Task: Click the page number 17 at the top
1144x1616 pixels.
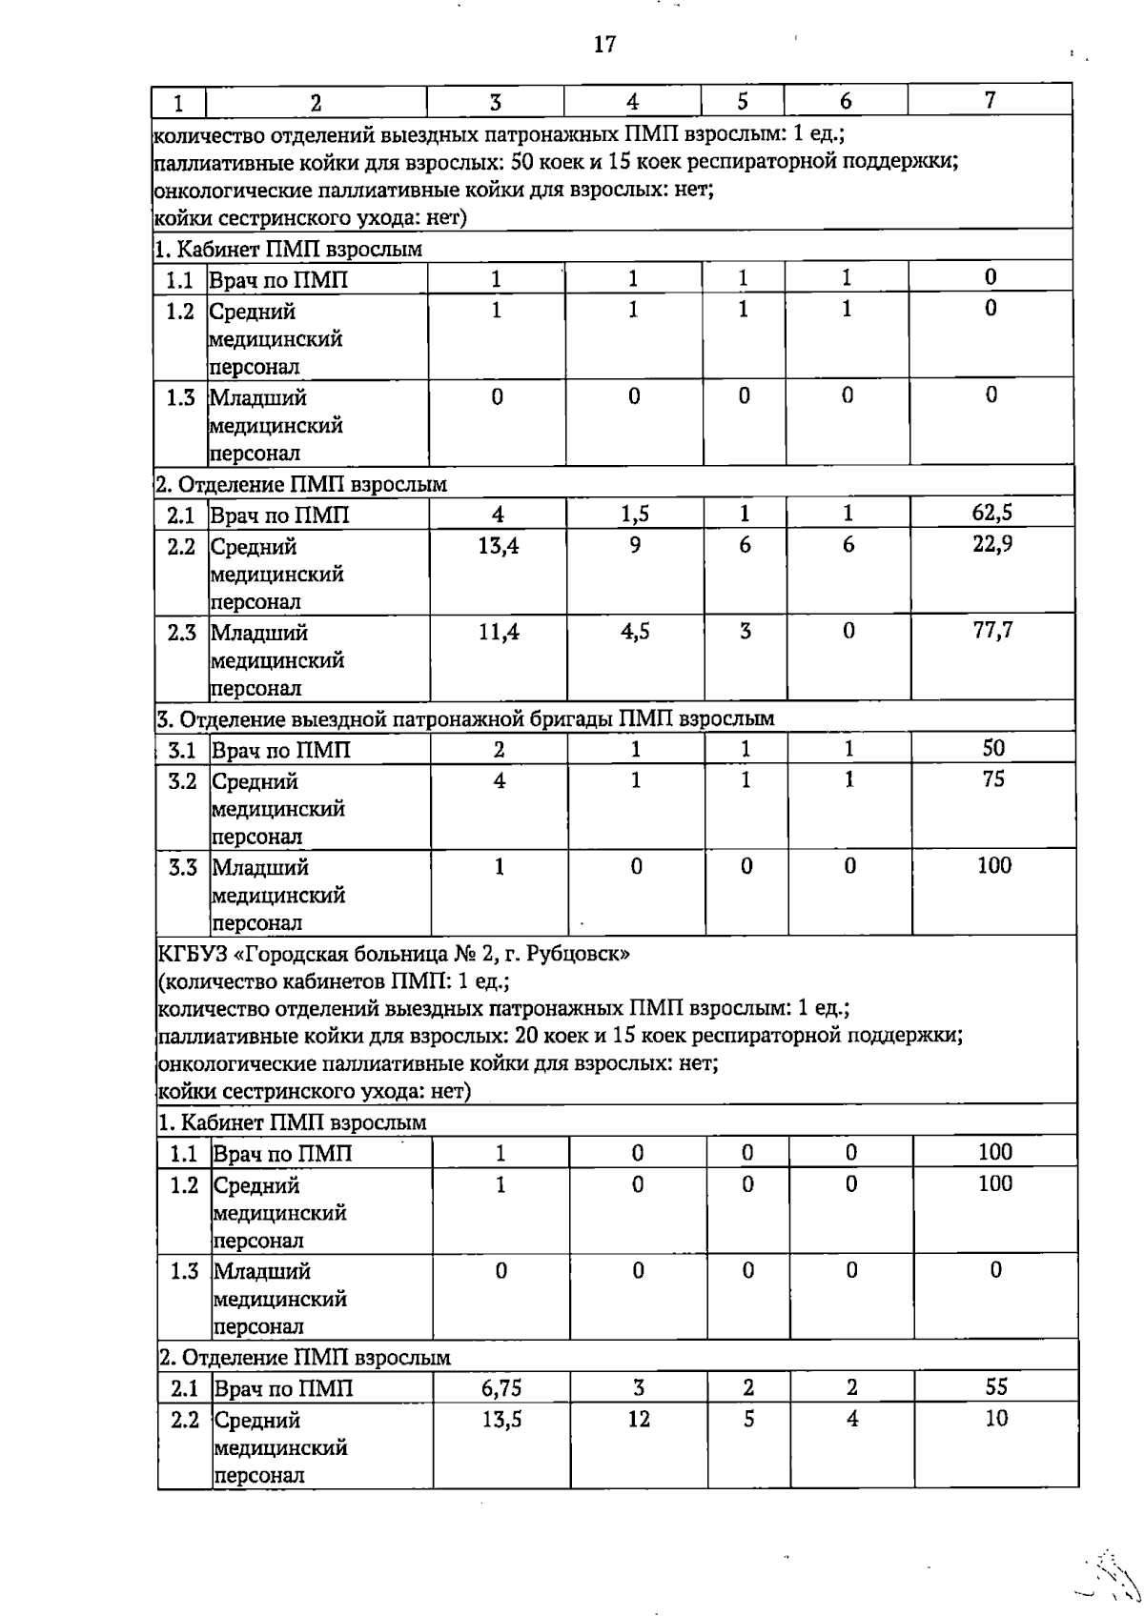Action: (x=604, y=44)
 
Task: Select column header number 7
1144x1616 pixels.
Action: (x=991, y=100)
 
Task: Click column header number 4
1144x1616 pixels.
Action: (x=632, y=102)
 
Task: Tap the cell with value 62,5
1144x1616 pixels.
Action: (x=992, y=514)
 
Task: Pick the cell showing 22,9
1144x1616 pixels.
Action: (x=992, y=545)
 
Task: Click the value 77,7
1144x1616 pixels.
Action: (x=992, y=631)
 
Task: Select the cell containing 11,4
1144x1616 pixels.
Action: (x=499, y=631)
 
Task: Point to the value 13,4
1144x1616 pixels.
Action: (x=499, y=545)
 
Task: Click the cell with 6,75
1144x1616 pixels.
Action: (x=501, y=1388)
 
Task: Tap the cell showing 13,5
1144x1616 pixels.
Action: (x=501, y=1420)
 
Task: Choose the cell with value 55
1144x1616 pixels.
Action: (x=996, y=1387)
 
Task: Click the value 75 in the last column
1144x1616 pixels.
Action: (x=993, y=779)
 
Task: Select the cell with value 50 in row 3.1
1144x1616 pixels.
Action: (x=993, y=749)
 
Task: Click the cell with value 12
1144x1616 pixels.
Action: (x=639, y=1420)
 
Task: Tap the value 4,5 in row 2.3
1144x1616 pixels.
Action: (x=635, y=631)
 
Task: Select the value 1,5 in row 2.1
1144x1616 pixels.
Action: (x=635, y=515)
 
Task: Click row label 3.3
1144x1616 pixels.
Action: (x=182, y=867)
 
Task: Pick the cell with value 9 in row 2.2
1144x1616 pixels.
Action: (x=635, y=545)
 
